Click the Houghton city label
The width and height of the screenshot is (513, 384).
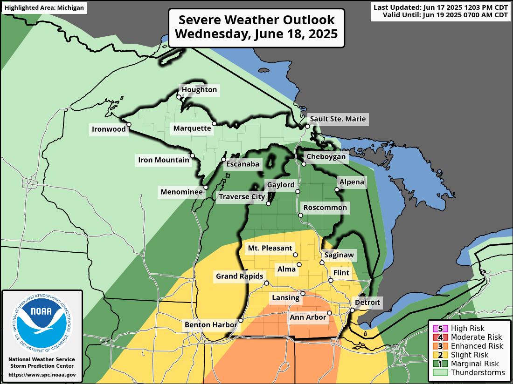coord(199,90)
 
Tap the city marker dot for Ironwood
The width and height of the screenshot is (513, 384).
coord(129,124)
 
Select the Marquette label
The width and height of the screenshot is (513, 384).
coord(192,128)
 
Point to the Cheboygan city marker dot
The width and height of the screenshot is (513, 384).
coord(304,164)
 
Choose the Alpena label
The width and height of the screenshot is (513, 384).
coord(351,182)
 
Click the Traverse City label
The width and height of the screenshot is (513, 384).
coord(242,197)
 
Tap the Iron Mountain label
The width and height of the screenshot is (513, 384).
coord(164,161)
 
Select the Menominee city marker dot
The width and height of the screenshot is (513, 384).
coord(206,187)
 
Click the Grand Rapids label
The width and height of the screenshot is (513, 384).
coord(240,276)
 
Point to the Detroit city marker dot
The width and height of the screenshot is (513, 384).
coord(353,310)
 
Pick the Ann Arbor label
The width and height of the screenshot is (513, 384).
coord(308,317)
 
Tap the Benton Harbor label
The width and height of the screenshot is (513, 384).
coord(211,324)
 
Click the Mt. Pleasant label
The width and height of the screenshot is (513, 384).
coord(270,248)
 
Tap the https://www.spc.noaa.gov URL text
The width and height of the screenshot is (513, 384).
coord(42,374)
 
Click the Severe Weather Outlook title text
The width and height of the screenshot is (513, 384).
coord(256,27)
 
